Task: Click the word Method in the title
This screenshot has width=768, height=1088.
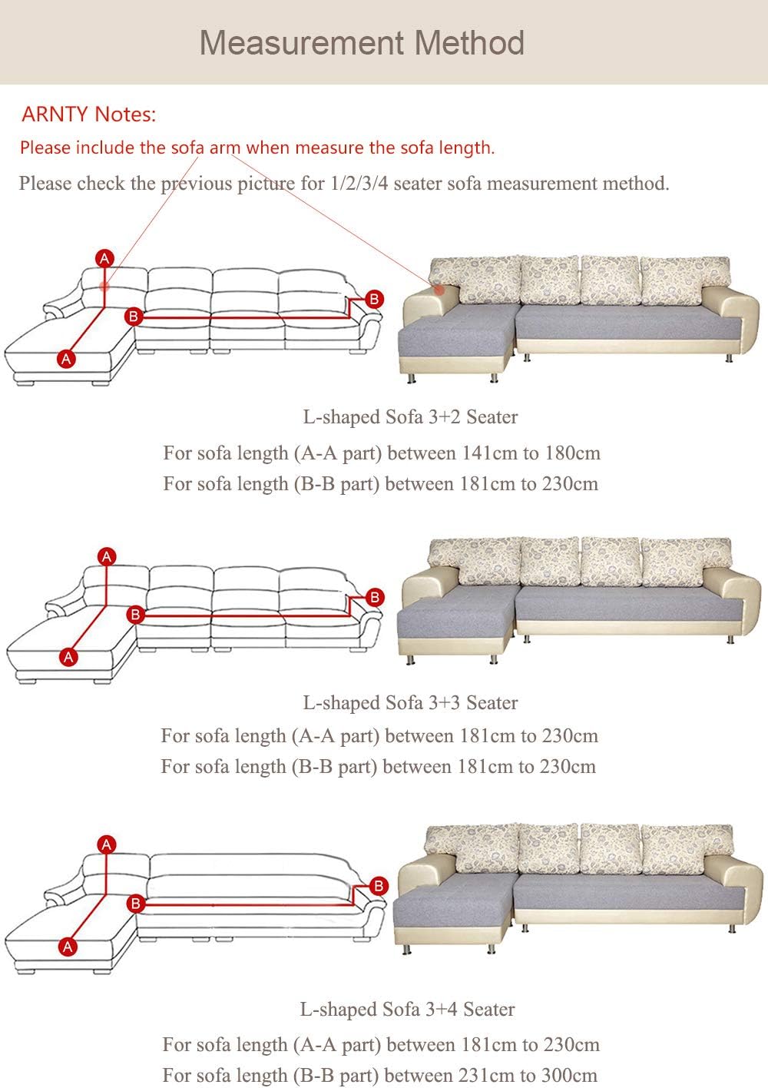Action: [469, 43]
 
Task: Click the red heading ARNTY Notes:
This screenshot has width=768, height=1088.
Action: [89, 114]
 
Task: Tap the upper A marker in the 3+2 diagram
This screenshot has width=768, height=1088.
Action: [104, 258]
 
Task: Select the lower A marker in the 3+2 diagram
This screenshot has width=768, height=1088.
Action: [67, 359]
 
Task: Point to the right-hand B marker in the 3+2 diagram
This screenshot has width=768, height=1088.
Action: [374, 299]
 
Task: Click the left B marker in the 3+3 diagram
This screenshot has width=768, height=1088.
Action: [135, 615]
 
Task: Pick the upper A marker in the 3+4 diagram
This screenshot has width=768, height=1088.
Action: [107, 844]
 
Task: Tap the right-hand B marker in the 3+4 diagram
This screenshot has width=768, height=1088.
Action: [379, 885]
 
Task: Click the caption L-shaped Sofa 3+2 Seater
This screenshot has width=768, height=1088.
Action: [410, 416]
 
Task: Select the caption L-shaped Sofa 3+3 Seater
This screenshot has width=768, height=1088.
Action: [410, 702]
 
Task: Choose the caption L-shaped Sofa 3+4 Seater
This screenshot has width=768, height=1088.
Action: [407, 1009]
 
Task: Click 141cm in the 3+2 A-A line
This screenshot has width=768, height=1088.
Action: [489, 453]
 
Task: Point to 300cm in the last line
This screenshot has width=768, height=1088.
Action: [569, 1075]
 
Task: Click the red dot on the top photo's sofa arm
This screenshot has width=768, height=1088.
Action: [439, 290]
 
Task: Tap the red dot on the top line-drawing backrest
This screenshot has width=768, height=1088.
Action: [104, 286]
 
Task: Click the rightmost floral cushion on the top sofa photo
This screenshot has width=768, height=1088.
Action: [685, 280]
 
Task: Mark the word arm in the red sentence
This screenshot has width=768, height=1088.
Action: [225, 148]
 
